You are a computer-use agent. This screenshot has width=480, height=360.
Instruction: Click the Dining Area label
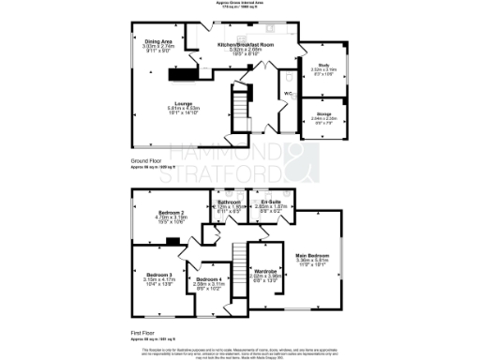tap(158, 42)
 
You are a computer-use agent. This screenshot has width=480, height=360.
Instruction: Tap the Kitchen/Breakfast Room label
tap(245, 45)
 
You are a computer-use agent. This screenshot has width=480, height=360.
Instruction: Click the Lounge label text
tap(183, 104)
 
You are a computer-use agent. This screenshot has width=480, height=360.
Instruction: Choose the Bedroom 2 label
tap(170, 214)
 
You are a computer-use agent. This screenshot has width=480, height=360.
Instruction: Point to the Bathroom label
tap(230, 202)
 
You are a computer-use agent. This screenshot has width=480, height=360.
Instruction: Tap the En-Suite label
tap(272, 202)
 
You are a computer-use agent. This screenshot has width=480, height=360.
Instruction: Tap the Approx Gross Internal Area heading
tap(239, 5)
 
